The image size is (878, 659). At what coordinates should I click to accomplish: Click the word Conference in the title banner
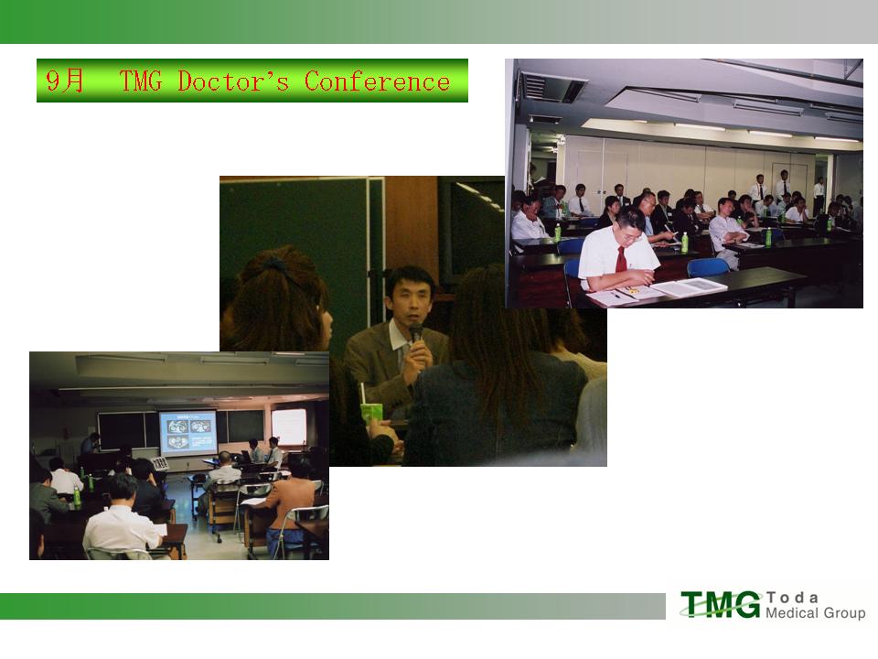point(377,81)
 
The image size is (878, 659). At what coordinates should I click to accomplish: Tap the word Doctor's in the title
point(233,81)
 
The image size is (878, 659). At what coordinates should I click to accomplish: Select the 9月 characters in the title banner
point(64,81)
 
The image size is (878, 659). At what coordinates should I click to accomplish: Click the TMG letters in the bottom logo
point(722,604)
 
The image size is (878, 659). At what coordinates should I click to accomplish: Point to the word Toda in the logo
point(792,598)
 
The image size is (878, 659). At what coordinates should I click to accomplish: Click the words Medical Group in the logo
point(815,612)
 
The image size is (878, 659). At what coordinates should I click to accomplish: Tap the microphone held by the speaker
point(415,335)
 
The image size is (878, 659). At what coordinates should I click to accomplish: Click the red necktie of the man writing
point(620,259)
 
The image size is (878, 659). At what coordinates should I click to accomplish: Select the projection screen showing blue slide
point(187,433)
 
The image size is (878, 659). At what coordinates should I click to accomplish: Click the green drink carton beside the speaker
point(371,414)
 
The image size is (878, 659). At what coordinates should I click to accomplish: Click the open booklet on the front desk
point(690,286)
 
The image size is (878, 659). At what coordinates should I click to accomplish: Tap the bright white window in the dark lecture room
point(289,427)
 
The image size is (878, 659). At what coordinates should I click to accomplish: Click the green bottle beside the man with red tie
point(684,242)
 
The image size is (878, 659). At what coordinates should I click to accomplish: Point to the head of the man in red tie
point(630,227)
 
